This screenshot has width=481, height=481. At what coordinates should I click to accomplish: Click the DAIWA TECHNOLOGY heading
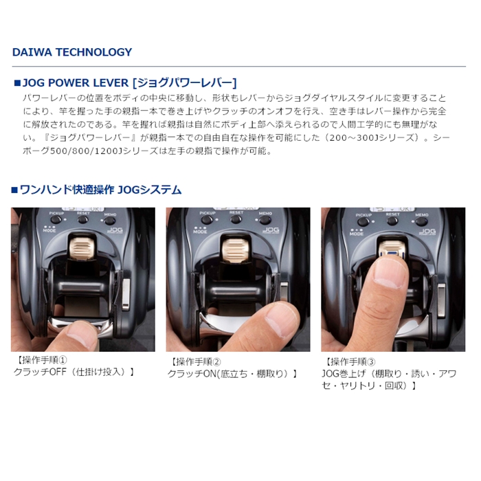(x=72, y=52)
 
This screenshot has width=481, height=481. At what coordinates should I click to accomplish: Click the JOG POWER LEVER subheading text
(x=130, y=82)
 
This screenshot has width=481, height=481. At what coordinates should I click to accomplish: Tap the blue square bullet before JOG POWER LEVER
(x=17, y=82)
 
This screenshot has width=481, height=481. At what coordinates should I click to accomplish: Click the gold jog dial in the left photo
(x=83, y=246)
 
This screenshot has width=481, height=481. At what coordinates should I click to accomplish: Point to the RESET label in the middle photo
(x=236, y=213)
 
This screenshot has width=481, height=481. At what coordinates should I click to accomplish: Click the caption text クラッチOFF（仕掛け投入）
(x=74, y=372)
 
